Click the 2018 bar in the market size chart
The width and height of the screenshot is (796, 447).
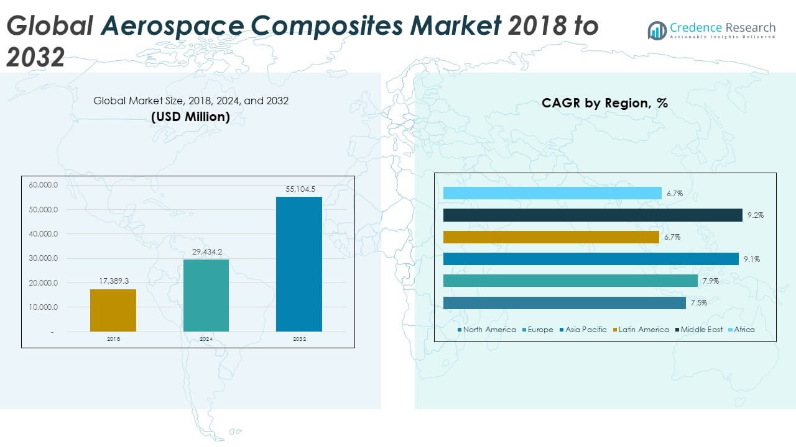point(113,310)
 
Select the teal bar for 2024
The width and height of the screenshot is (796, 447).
point(206,296)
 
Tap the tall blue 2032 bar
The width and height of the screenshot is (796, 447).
point(299,264)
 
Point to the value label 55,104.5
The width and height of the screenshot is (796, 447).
point(300,189)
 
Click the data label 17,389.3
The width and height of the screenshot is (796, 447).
point(114,281)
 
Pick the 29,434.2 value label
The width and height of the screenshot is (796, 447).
point(206,251)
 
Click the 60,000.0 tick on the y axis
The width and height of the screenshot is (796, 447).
point(43,185)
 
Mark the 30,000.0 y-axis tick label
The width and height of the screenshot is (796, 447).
point(43,258)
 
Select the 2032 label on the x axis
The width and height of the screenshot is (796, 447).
point(299,340)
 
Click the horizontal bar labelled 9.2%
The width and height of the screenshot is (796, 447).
point(593,215)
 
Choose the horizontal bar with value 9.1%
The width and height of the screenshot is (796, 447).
point(591,259)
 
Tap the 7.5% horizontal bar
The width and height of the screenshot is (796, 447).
point(564,303)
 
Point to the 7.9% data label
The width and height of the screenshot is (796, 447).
point(710,281)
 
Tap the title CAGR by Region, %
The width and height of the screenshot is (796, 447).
point(604,103)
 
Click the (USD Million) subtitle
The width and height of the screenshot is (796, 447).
point(190,116)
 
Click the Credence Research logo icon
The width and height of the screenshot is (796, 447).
point(657,30)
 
